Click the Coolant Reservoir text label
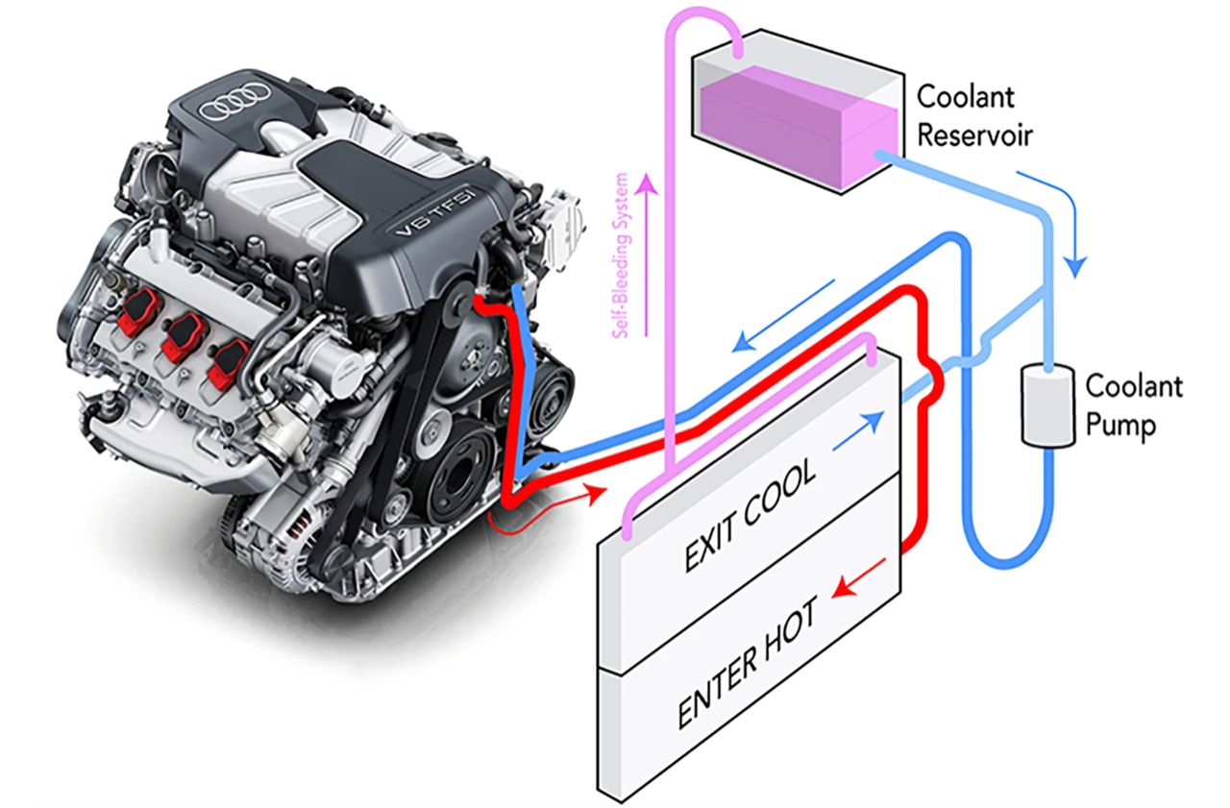coord(973,114)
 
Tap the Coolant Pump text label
coord(1133,404)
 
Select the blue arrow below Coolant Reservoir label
coord(1056,221)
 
